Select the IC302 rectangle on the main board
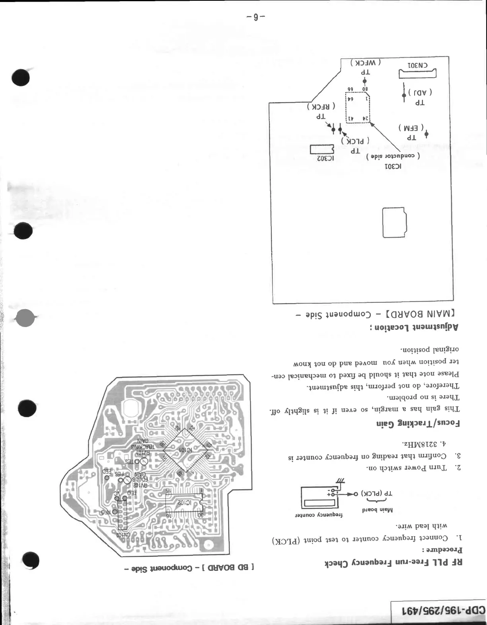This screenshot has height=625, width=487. click(x=322, y=149)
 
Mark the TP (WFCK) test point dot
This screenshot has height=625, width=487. click(x=364, y=82)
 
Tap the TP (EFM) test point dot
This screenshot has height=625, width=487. click(x=426, y=134)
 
